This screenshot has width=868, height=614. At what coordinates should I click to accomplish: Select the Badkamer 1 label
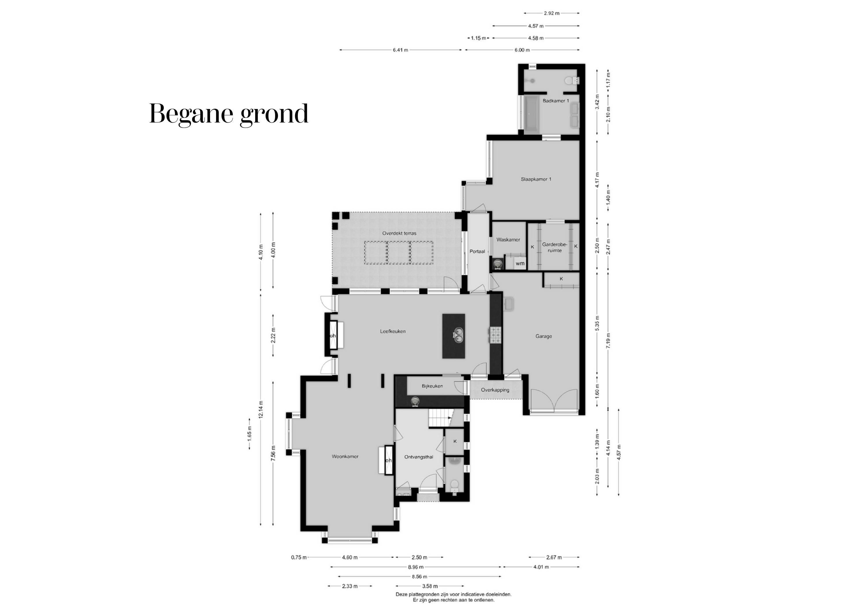pos(556,101)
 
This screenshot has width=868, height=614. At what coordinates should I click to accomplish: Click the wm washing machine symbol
pos(520,263)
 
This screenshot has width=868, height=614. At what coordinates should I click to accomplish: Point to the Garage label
pos(543,336)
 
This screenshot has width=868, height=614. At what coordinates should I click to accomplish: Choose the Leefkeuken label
pos(393,331)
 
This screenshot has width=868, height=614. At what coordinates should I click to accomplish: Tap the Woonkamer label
pos(345,456)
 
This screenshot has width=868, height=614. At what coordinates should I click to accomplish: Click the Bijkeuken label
pos(432,386)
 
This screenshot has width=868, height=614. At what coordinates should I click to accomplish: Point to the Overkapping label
pos(495,390)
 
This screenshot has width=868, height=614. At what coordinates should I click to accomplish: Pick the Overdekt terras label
pos(399,233)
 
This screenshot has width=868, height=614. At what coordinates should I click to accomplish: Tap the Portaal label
pos(477,251)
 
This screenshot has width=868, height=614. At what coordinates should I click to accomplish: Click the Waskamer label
pos(508,240)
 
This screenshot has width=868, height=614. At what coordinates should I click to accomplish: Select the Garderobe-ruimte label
pos(555,247)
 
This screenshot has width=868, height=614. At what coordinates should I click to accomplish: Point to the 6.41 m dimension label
pos(400,50)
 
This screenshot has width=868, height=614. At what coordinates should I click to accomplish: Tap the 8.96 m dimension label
pos(415,567)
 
